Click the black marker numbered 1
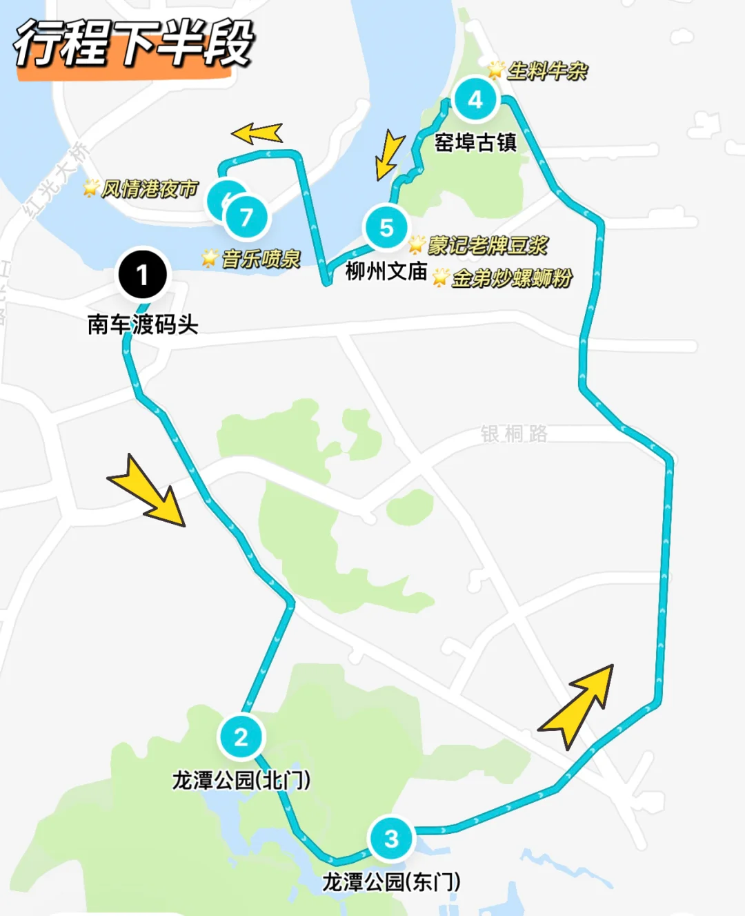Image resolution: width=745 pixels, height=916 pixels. pyautogui.click(x=143, y=275)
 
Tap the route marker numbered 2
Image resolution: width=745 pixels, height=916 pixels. pyautogui.click(x=241, y=737)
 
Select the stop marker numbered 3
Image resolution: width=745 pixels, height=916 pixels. pyautogui.click(x=391, y=838)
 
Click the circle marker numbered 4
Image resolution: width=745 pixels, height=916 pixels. pyautogui.click(x=475, y=99)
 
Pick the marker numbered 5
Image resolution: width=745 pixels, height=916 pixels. pyautogui.click(x=386, y=227)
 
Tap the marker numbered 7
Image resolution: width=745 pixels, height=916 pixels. pyautogui.click(x=246, y=217)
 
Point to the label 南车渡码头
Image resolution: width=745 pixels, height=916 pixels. pyautogui.click(x=143, y=324)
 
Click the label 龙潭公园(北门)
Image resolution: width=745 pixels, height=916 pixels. pyautogui.click(x=241, y=780)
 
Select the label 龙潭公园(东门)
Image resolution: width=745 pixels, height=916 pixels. pyautogui.click(x=391, y=881)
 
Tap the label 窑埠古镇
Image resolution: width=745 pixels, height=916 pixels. pyautogui.click(x=475, y=142)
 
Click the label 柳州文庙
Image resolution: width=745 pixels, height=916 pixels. pyautogui.click(x=386, y=271)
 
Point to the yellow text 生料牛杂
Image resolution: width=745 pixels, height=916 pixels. pyautogui.click(x=547, y=70)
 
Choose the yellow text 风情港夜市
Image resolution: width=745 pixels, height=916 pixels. pyautogui.click(x=149, y=188)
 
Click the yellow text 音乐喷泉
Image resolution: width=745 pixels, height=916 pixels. pyautogui.click(x=261, y=259)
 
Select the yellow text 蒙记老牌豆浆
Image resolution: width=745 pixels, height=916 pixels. pyautogui.click(x=488, y=245)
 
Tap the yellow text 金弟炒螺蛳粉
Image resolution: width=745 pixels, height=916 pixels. pyautogui.click(x=512, y=277)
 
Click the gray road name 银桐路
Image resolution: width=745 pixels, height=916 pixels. pyautogui.click(x=514, y=433)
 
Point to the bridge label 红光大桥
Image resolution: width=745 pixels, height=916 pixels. pyautogui.click(x=57, y=179)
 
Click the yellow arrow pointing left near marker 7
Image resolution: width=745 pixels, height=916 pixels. pyautogui.click(x=257, y=133)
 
